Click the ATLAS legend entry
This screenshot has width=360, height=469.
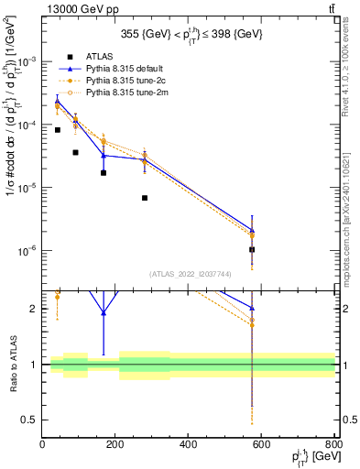coord(99,57)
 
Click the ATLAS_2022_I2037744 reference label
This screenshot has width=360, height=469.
coord(190,274)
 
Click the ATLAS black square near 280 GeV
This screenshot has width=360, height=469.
coord(144,198)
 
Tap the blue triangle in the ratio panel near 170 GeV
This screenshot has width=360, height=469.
coord(104,312)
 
